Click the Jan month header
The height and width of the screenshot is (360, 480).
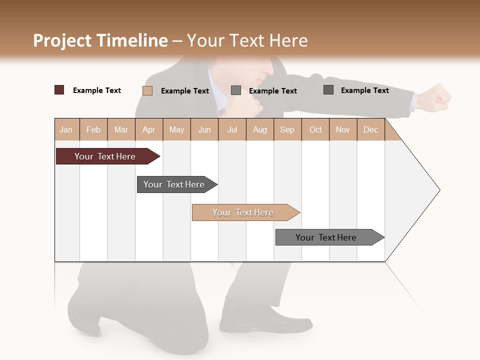coord(66,129)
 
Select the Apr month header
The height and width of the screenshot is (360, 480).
coord(149,129)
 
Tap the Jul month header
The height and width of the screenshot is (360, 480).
coord(232,129)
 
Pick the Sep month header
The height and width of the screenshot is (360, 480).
coord(287,129)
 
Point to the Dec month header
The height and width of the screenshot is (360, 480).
coord(370,129)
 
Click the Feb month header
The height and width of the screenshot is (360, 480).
coord(93,129)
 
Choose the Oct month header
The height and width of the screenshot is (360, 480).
coord(315,129)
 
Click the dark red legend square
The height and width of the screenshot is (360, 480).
coord(59,90)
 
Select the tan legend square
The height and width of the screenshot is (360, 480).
coord(147,90)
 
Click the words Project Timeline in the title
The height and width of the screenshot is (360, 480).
coord(100,40)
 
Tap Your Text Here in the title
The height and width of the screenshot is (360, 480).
coord(247,40)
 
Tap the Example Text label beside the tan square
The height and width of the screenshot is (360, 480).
coord(185,90)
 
